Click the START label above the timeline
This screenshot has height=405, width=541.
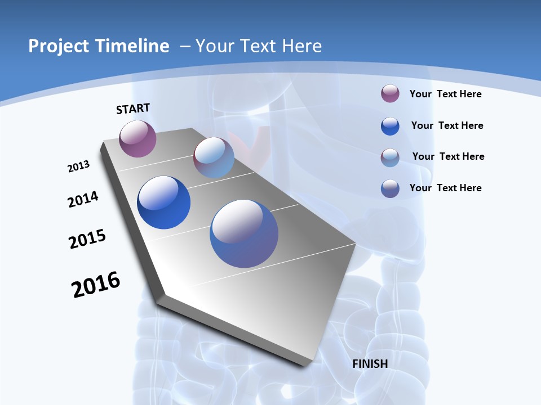pos(133,109)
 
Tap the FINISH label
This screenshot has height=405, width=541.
pos(370,364)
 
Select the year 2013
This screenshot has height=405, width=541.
pos(79,166)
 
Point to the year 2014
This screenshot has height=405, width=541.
pos(83,199)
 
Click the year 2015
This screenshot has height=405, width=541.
pos(87,238)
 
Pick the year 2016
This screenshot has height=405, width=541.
pos(96,285)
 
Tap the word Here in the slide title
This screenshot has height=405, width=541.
pos(301,46)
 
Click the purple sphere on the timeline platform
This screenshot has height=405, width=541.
pos(138,138)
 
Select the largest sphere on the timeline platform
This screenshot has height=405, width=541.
pos(244,233)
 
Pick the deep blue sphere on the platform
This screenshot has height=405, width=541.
pos(163,202)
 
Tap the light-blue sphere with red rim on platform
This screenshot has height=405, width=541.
pos(214,157)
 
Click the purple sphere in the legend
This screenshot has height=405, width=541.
pos(390,94)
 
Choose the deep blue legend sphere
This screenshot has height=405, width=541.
pos(390,126)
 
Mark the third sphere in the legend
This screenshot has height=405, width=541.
pos(390,157)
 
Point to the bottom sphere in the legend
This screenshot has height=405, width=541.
pos(390,188)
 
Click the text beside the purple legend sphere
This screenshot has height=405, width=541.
pos(445,94)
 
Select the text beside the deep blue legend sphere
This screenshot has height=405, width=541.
pos(447,125)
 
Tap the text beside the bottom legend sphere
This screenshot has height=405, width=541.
pos(445,188)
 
